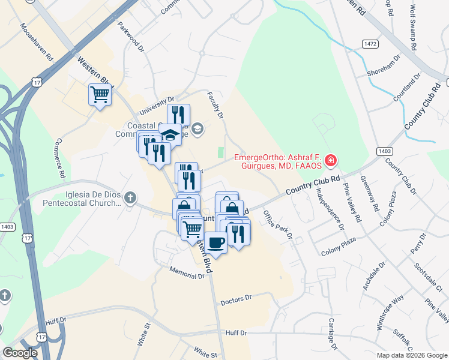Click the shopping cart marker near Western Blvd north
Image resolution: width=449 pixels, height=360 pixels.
coord(100,95)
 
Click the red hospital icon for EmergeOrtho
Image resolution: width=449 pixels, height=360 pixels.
coord(330,161)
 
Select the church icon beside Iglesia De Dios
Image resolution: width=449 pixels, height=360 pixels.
coord(130,197)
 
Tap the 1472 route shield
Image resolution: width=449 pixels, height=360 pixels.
coord(370,44)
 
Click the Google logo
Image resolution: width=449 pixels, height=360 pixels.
coord(20,353)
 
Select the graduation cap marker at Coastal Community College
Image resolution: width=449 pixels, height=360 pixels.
coord(170,135)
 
